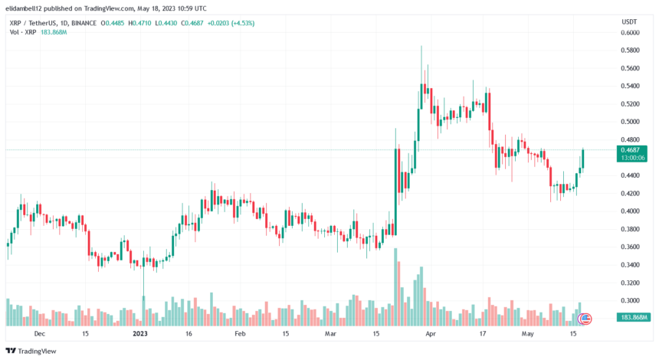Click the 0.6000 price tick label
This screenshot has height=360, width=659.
[x=631, y=32]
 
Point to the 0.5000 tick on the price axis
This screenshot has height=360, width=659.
[x=631, y=122]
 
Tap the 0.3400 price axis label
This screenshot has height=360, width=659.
[x=631, y=265]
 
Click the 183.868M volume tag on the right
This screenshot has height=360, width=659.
[x=632, y=316]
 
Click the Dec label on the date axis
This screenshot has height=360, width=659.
[x=40, y=334]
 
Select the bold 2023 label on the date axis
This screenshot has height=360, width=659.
[x=139, y=334]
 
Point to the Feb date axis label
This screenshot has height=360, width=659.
[x=240, y=334]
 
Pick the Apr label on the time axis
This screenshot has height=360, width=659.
[x=431, y=334]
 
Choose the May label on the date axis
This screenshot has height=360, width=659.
[x=527, y=334]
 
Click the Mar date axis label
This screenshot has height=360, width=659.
[x=330, y=334]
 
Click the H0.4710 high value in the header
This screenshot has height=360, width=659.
[x=143, y=23]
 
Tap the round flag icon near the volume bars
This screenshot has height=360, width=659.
[x=585, y=319]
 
